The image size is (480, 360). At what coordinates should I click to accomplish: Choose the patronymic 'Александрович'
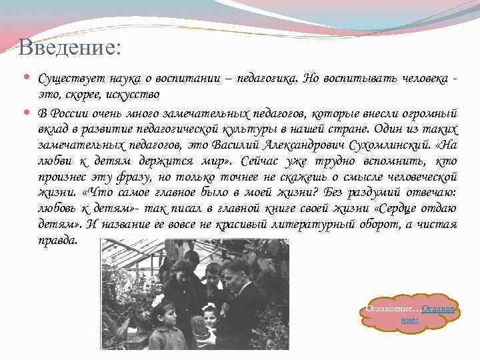307,144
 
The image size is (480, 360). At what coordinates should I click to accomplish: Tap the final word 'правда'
58,240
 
